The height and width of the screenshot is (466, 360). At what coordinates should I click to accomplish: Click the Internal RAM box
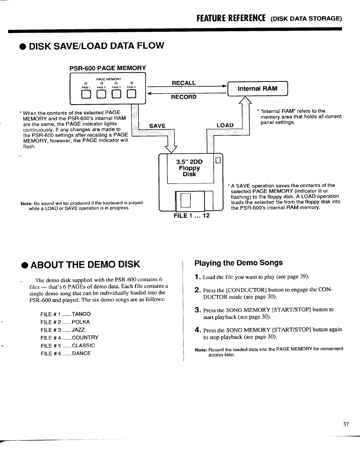coord(258,89)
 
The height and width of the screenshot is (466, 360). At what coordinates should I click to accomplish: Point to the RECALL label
coord(184,83)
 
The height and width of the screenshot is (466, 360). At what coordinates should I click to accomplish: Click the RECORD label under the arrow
coord(184,97)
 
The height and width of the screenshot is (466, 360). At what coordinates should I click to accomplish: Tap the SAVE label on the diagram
coord(157,126)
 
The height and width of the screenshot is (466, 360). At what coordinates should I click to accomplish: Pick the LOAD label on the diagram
coord(225,126)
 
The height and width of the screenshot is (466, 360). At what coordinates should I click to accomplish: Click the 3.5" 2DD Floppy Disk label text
coord(189,168)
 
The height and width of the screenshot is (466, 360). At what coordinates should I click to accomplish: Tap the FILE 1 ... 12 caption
coord(191,216)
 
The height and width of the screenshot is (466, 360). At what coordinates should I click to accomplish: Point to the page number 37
coord(346,424)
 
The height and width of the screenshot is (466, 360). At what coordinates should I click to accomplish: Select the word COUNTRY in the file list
coord(85,337)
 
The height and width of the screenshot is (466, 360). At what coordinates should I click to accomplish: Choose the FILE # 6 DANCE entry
coord(66,353)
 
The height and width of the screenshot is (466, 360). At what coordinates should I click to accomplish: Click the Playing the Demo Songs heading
coord(239,263)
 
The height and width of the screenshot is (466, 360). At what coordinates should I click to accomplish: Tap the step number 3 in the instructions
coord(198,310)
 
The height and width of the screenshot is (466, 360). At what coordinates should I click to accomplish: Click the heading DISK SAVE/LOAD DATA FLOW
coord(95,46)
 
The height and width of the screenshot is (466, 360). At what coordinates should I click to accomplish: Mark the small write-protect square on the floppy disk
coord(218,160)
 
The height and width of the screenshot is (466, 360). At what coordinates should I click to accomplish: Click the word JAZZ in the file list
coord(79,330)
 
